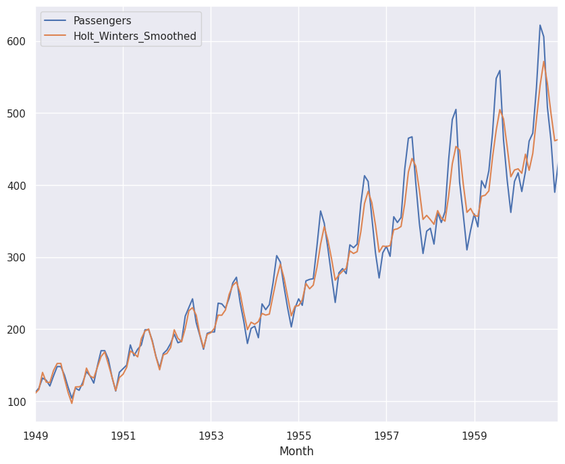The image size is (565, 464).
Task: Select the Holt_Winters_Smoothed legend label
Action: pos(136,36)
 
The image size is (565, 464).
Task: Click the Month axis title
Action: pos(296,451)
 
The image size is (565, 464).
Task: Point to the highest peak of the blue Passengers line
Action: pos(540,25)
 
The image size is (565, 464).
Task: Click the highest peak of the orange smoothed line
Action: pos(543,61)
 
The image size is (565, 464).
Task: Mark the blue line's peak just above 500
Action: pos(456,109)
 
